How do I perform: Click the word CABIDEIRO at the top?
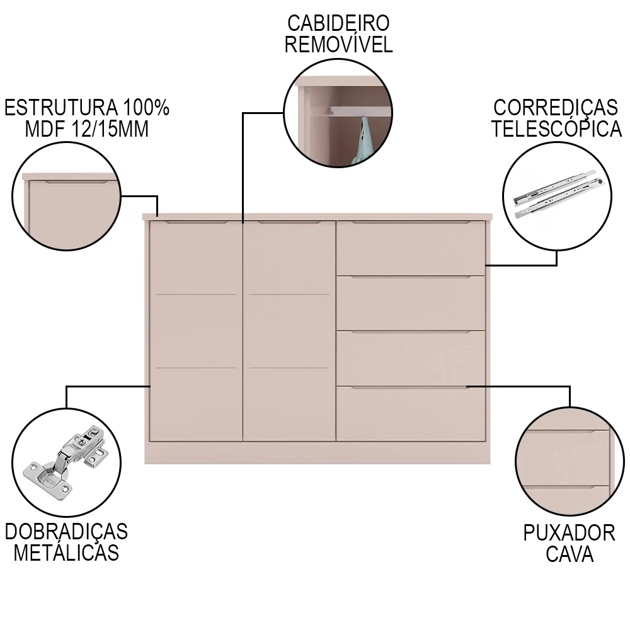click(x=338, y=23)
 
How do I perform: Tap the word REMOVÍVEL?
click(x=338, y=45)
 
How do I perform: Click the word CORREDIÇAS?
click(x=556, y=107)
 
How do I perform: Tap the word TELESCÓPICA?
click(x=556, y=129)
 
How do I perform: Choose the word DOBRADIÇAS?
click(x=66, y=531)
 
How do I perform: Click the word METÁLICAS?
click(x=66, y=553)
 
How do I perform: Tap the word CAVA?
click(x=569, y=554)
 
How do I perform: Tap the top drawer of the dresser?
click(x=410, y=248)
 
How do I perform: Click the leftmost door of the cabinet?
click(x=195, y=331)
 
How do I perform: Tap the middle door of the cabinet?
click(x=289, y=331)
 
